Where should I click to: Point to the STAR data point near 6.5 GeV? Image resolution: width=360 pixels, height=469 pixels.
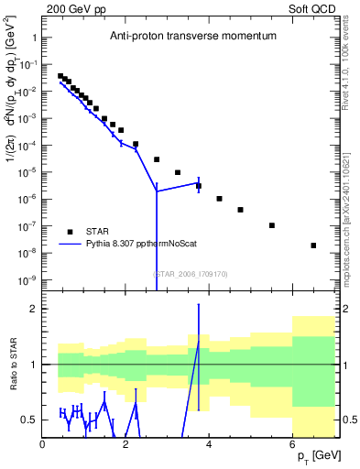point(313,245)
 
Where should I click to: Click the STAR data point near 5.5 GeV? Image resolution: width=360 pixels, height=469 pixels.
point(272,225)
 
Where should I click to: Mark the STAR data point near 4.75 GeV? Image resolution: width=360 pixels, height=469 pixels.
point(240,210)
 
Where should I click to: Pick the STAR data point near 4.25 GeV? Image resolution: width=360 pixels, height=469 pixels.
point(220,199)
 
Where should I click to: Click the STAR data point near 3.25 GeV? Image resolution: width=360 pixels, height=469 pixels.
point(178,172)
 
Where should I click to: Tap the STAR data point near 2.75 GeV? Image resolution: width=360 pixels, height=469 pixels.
point(157,159)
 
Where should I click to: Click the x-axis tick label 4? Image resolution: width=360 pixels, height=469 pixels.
point(210,444)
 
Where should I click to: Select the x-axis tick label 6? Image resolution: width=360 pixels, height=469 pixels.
point(293,444)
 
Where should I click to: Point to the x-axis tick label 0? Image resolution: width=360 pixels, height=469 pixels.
point(43,444)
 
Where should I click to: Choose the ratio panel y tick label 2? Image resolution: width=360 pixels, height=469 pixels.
point(32,309)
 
